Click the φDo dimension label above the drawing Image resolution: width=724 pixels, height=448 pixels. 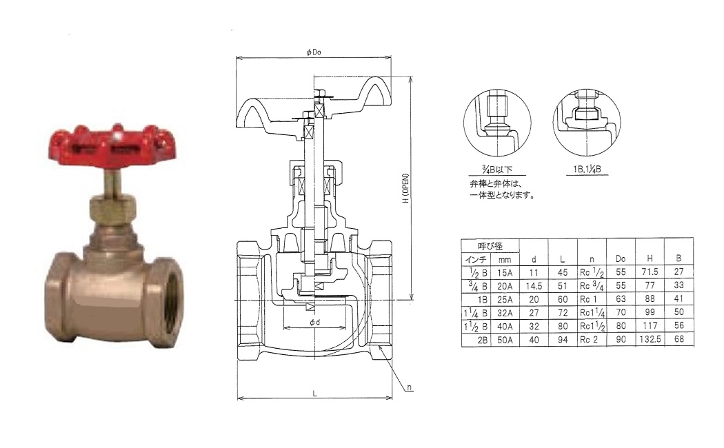[314, 52]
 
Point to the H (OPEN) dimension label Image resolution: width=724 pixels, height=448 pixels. [406, 189]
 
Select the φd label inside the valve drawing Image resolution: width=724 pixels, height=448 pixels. [315, 322]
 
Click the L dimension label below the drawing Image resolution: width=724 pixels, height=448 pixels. [315, 394]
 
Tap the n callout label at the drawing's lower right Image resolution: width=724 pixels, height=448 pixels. [410, 387]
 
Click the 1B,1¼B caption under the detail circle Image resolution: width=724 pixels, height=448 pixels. [587, 170]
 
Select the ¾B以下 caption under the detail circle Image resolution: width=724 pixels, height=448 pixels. [497, 170]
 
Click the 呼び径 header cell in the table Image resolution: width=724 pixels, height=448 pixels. [490, 246]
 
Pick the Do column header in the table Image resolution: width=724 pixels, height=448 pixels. [621, 259]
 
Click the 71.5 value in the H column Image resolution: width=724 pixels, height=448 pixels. [650, 272]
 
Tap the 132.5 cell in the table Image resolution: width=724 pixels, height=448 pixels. [650, 339]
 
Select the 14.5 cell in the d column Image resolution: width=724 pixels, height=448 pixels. [534, 285]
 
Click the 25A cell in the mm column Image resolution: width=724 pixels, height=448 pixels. [505, 299]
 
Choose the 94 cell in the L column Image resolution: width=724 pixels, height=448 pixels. [563, 339]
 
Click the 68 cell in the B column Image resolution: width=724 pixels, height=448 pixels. [678, 339]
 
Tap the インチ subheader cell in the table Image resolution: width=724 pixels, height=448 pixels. [476, 259]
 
